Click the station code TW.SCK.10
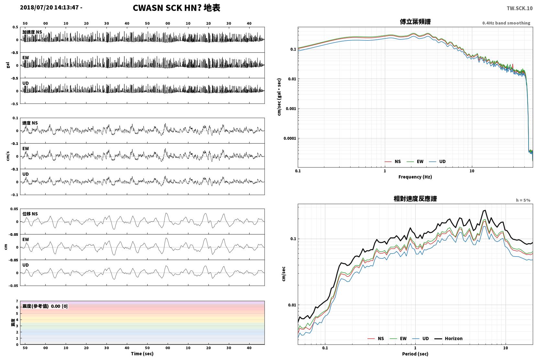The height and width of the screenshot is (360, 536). coord(519,8)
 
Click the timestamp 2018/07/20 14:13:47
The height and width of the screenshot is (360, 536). coord(49,7)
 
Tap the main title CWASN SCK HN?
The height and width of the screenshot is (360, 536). coord(167,8)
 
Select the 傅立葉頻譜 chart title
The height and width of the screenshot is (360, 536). coord(415,22)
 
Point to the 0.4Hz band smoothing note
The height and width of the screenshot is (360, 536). coord(506,23)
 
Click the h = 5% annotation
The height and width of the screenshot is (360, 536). coord(523,200)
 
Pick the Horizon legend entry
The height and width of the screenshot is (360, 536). coord(448,338)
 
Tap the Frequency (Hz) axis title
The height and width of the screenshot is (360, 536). coord(415,177)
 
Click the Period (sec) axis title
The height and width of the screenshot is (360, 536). coord(415,354)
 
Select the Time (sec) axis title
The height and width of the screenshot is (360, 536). coord(142,354)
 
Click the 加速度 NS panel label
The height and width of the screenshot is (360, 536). coord(32,32)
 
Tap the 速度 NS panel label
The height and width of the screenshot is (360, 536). coord(30,123)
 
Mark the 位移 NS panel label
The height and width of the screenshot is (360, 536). coord(30,214)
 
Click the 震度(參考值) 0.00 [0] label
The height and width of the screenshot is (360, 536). coord(45,306)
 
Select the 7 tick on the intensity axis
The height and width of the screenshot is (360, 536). coord(17,301)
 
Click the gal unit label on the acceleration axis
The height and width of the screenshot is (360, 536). coord(8,65)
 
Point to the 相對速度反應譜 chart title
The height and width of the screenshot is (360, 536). coord(415,199)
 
